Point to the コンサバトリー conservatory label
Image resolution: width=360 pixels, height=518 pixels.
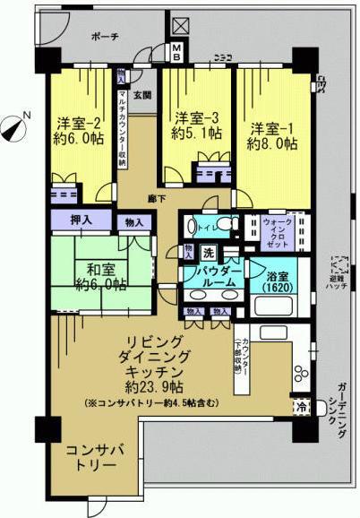(90, 457)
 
